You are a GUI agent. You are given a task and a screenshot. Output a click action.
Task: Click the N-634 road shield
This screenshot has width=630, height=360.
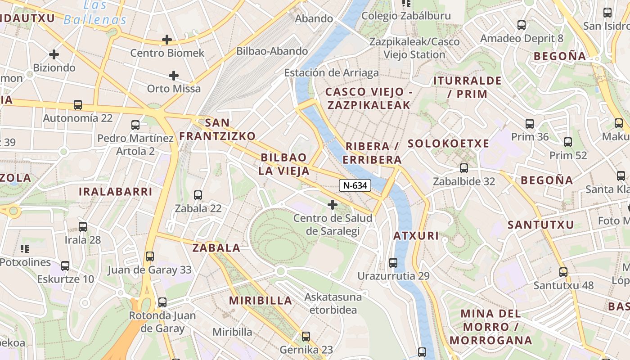point(355,185)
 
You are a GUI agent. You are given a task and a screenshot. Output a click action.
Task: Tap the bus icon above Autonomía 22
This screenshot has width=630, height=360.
point(78,105)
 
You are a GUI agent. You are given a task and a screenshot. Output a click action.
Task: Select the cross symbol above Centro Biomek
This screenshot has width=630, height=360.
point(167,40)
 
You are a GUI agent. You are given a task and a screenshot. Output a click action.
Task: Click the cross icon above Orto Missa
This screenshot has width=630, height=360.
point(174,76)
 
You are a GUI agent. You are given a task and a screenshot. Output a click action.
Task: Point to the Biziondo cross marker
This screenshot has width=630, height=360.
point(54,55)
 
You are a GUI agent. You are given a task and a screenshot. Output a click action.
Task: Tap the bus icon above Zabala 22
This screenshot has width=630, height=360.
point(198,195)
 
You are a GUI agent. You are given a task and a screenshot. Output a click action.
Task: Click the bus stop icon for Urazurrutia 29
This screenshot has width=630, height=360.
point(393,263)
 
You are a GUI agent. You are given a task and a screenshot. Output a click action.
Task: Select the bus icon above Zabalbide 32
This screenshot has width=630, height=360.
point(464,168)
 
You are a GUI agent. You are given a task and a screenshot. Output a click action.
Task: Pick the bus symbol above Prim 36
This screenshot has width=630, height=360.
point(530,123)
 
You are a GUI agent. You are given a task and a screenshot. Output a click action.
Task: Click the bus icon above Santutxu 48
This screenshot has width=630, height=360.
point(563,272)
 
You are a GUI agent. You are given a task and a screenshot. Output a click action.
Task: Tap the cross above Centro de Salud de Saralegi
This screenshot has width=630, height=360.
point(333,205)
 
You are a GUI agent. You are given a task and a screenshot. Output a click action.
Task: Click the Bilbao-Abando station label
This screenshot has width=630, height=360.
point(272,51)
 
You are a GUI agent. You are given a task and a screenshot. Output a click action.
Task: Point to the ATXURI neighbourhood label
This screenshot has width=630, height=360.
point(416,236)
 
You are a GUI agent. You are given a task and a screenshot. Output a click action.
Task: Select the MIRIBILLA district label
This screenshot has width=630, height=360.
point(261,301)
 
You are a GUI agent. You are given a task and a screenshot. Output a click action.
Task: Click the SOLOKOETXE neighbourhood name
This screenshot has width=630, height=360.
point(448,144)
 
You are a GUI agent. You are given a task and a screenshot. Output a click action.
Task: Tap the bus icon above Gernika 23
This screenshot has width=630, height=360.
point(306,336)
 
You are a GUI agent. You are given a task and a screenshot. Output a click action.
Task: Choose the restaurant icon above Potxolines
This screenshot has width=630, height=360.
point(25,248)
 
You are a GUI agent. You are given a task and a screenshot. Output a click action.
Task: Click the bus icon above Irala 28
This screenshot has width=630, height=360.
point(83,227)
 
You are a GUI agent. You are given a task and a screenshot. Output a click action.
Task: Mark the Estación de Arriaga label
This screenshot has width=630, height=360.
point(331,72)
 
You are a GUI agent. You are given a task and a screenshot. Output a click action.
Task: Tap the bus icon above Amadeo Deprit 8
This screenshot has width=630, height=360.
point(522,25)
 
